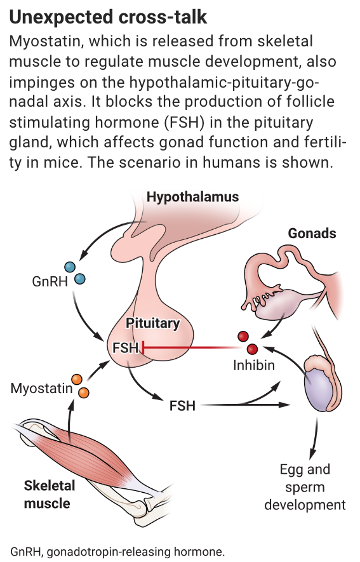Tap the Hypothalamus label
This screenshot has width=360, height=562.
click(192, 197)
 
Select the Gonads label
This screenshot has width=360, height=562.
click(312, 233)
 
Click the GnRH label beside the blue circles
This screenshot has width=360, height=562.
click(50, 281)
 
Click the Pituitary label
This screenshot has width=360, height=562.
click(152, 323)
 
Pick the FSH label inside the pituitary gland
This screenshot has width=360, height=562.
click(125, 347)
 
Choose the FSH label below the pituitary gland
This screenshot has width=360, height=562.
click(182, 405)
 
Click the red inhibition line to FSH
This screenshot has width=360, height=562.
click(190, 348)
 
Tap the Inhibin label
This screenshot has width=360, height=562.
click(255, 366)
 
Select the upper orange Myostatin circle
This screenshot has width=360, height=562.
click(77, 380)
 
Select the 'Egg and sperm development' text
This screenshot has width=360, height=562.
click(305, 487)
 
